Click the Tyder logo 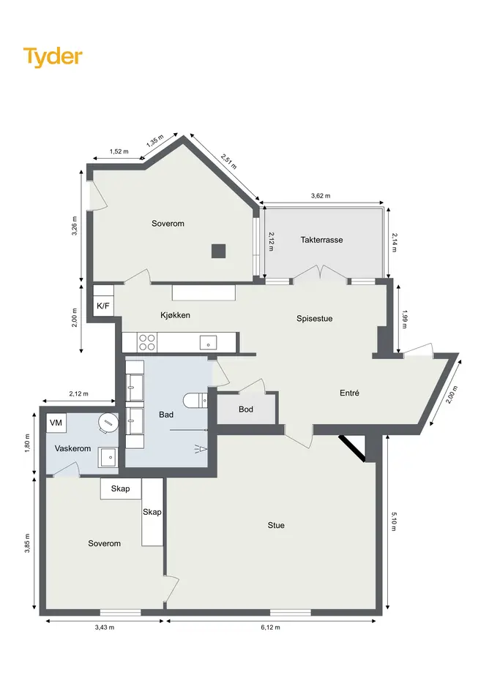(53, 57)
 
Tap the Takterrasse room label (322, 240)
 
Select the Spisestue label (314, 319)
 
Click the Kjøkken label (175, 315)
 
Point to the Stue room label (276, 525)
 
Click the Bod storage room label (246, 409)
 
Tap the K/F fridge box (103, 306)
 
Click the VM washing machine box (56, 423)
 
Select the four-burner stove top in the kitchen (147, 342)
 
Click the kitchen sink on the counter (209, 342)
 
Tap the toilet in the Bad (195, 400)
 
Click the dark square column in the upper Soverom (218, 252)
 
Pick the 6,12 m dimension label (270, 627)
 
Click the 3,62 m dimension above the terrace (321, 196)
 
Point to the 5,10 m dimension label (394, 521)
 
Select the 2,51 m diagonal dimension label (229, 162)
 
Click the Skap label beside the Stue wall (152, 512)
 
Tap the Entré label (349, 393)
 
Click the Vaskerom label (72, 449)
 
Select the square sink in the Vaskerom (108, 458)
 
